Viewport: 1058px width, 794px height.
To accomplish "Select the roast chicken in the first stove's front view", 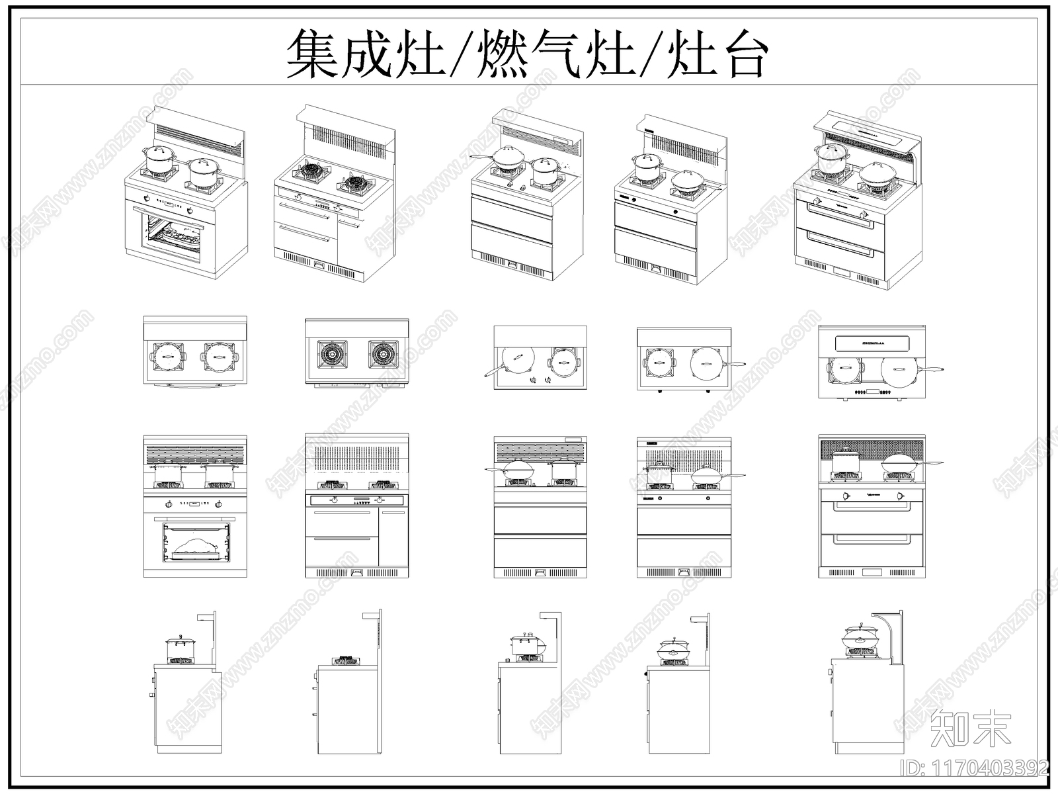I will [x=195, y=547].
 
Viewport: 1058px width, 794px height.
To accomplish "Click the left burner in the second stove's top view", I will [x=331, y=355].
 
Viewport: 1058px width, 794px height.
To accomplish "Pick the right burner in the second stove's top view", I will [x=382, y=355].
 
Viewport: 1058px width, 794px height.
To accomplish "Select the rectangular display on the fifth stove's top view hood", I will [x=871, y=343].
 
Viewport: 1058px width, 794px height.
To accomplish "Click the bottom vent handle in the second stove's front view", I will [x=356, y=572].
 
